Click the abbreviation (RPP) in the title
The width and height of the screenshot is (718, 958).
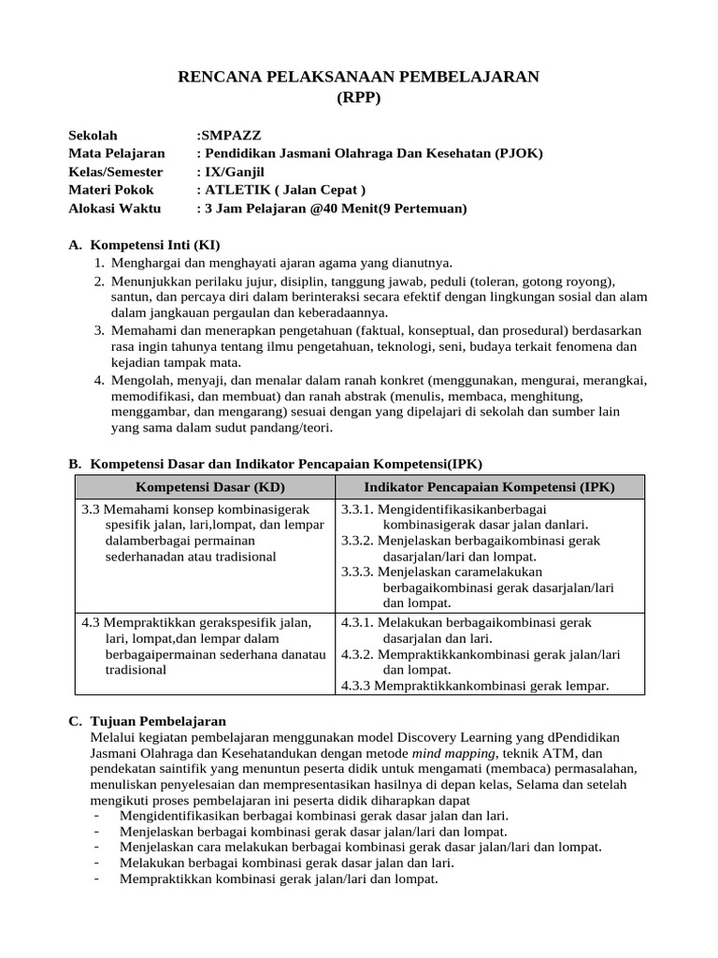pyautogui.click(x=359, y=98)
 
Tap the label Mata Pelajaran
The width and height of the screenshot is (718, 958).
pyautogui.click(x=116, y=153)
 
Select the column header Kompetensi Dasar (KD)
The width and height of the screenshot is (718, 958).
pyautogui.click(x=210, y=487)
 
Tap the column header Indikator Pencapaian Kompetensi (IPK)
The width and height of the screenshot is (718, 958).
pyautogui.click(x=489, y=487)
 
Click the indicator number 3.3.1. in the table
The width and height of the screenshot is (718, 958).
pyautogui.click(x=357, y=510)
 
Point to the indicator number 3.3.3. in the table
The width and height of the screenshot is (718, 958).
pyautogui.click(x=357, y=572)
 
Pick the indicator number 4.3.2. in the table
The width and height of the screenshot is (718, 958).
pyautogui.click(x=357, y=654)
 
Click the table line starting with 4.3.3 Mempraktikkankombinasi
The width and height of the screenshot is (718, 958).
pyautogui.click(x=474, y=686)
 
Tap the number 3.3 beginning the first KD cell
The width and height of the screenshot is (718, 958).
pyautogui.click(x=90, y=510)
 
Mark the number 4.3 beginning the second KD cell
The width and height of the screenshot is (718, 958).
pyautogui.click(x=90, y=622)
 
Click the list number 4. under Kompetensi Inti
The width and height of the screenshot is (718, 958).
pyautogui.click(x=100, y=380)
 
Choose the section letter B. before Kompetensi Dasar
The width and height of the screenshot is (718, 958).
pyautogui.click(x=76, y=463)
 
